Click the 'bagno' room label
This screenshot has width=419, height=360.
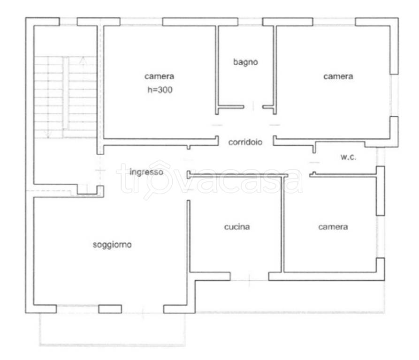(x=245, y=62)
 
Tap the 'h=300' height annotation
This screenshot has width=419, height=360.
(x=160, y=90)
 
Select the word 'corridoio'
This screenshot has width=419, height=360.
(x=245, y=142)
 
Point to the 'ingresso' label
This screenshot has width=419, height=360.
(x=146, y=172)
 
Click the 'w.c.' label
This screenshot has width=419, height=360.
(x=348, y=157)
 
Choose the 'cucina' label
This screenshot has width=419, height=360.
(x=237, y=227)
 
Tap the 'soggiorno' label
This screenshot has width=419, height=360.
(x=112, y=245)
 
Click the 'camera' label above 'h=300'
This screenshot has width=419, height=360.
(x=159, y=76)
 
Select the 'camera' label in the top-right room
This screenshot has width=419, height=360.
(x=338, y=76)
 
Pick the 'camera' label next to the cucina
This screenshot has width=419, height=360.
(x=333, y=227)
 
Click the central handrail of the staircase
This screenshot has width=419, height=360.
(x=66, y=93)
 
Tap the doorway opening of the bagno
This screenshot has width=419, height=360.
(x=253, y=107)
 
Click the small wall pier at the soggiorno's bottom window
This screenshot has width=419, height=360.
(x=110, y=309)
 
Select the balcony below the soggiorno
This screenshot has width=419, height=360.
(x=112, y=330)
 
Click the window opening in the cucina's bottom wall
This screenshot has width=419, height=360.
(x=249, y=280)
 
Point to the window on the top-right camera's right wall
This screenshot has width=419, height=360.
(x=394, y=95)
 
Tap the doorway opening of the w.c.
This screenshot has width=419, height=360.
(x=314, y=162)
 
